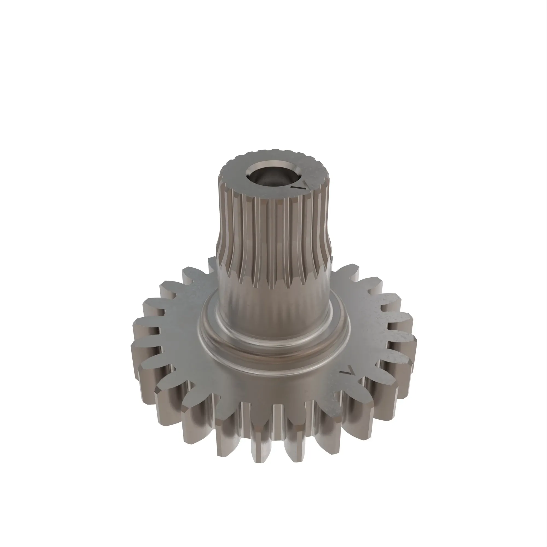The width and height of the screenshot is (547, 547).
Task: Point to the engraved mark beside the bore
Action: pyautogui.click(x=300, y=186)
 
